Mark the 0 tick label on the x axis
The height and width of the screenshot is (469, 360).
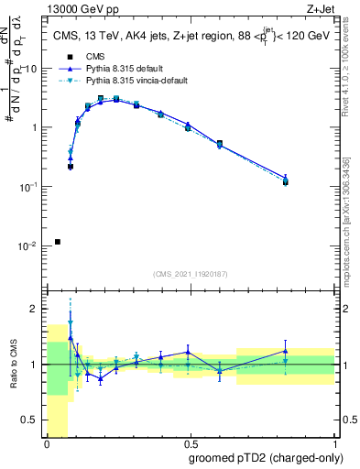point(47,444)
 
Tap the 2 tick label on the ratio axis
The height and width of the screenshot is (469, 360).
point(35,309)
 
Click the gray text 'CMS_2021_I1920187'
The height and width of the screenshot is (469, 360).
point(191,274)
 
